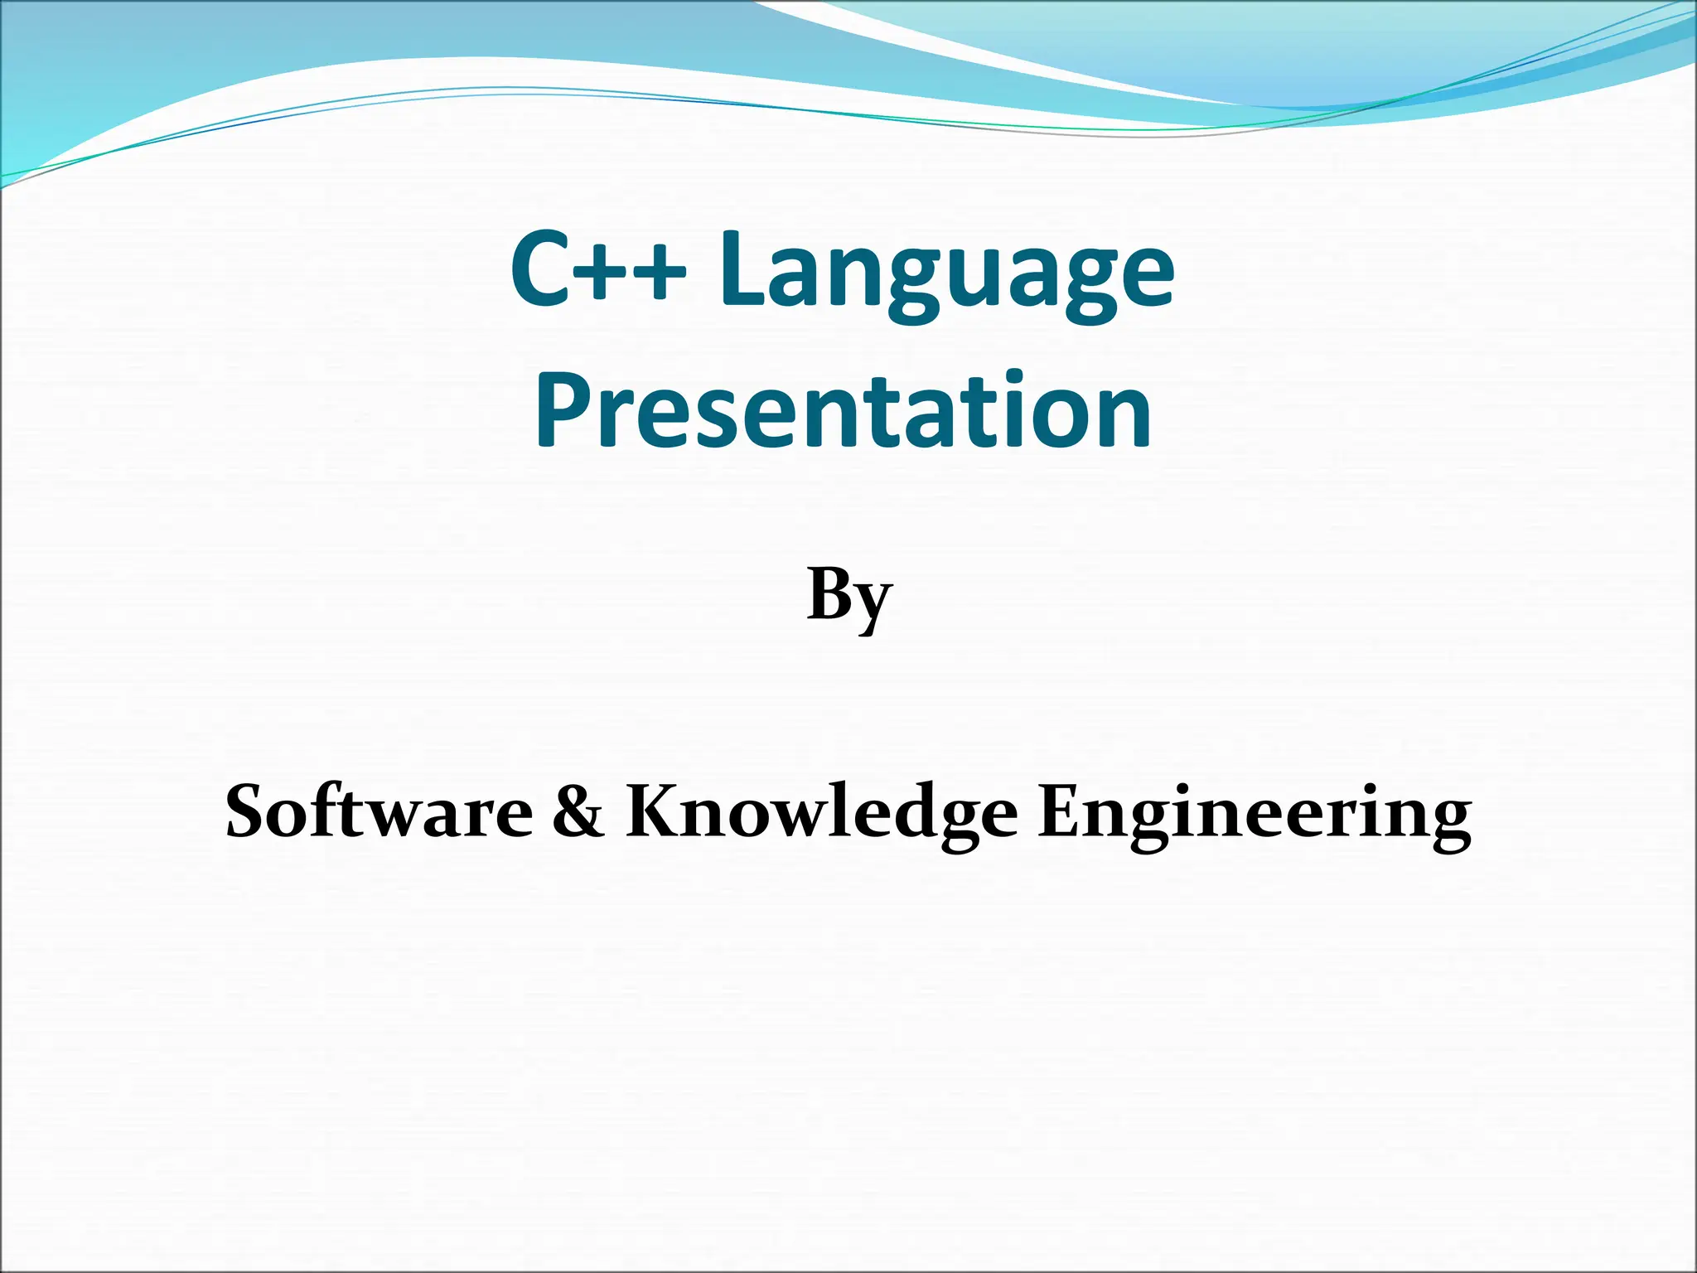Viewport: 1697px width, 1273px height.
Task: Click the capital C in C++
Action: tap(543, 268)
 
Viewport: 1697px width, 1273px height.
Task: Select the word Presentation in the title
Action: tap(844, 409)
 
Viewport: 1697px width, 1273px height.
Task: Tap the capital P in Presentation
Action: tap(563, 409)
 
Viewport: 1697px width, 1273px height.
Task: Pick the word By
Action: tap(849, 597)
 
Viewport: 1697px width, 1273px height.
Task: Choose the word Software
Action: tap(379, 812)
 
